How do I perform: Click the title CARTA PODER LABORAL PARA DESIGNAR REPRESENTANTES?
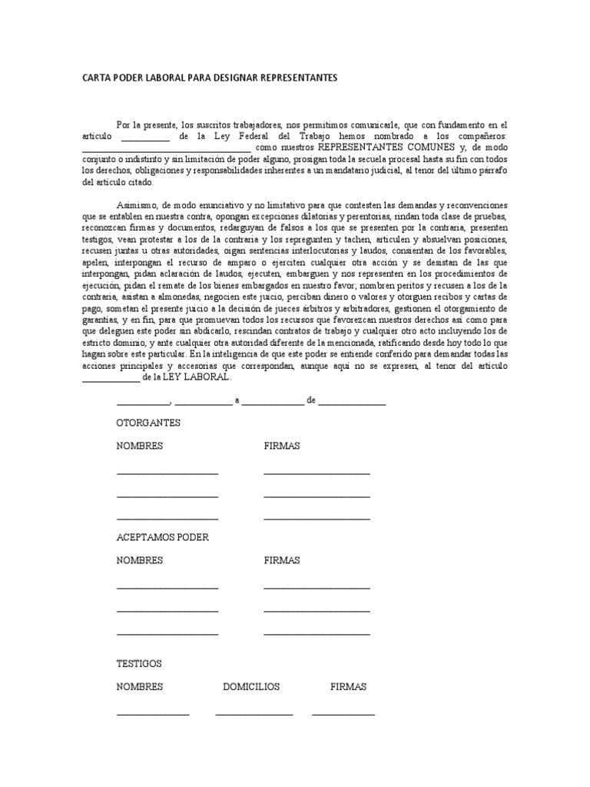209,78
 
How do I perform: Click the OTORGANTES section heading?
148,423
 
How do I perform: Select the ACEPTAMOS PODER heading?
162,537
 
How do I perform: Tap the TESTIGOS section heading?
139,663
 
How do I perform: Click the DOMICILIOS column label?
251,686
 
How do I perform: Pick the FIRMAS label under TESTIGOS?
348,686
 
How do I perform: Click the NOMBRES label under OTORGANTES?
139,446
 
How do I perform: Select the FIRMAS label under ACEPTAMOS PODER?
281,560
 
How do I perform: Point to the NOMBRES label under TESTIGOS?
139,686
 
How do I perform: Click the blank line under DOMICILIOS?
254,714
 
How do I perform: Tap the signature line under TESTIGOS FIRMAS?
343,714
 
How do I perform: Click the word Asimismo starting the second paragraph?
137,206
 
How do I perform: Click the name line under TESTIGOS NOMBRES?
152,714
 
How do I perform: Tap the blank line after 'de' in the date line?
352,403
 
